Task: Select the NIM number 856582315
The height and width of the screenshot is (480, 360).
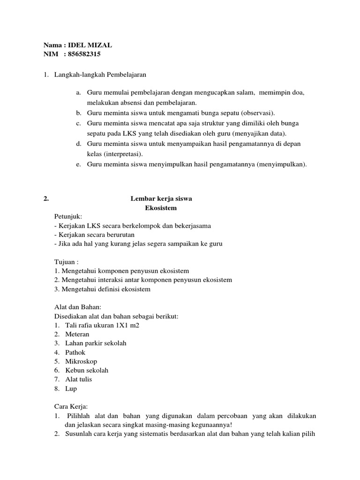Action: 84,54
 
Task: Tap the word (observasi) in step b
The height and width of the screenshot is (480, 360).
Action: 258,113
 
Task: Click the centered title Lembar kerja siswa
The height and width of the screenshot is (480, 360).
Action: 161,199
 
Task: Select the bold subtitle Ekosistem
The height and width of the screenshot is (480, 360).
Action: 161,208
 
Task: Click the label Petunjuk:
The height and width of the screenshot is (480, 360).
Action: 68,217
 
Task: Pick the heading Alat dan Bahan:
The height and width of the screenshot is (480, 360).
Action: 78,307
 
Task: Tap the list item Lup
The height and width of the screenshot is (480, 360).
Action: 71,389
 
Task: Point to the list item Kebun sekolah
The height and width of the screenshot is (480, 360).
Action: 87,370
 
